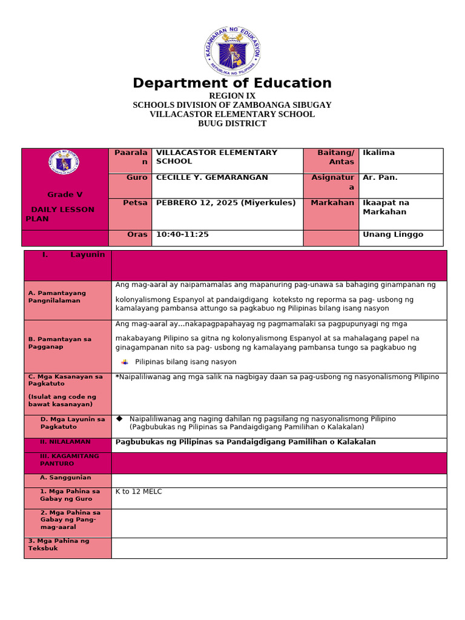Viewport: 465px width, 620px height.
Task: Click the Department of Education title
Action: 232,84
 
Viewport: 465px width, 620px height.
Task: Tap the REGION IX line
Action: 232,96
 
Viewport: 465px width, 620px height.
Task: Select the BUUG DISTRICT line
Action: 232,124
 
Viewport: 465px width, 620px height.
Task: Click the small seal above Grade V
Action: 64,163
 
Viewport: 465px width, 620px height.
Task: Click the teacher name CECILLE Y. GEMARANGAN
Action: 212,177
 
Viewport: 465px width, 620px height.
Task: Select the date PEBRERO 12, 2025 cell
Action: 226,203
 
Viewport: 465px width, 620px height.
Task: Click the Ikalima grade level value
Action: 378,153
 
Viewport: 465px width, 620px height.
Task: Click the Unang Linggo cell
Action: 392,234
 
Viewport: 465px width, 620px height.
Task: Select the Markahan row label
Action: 332,203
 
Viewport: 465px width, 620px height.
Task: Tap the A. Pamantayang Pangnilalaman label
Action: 57,297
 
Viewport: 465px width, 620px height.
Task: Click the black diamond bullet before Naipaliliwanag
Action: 119,418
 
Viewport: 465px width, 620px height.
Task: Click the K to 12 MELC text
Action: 139,492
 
